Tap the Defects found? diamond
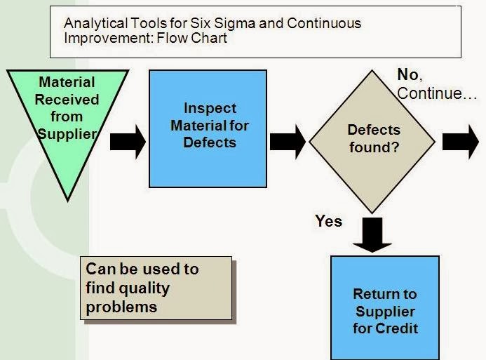tap(373, 139)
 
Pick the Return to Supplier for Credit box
tap(384, 309)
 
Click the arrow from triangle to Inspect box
tap(128, 142)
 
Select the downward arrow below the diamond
tap(372, 234)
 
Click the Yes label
tap(328, 222)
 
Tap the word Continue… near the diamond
tap(438, 93)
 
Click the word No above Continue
tap(408, 74)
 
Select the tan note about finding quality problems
tap(158, 288)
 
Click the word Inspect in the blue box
tap(210, 109)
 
